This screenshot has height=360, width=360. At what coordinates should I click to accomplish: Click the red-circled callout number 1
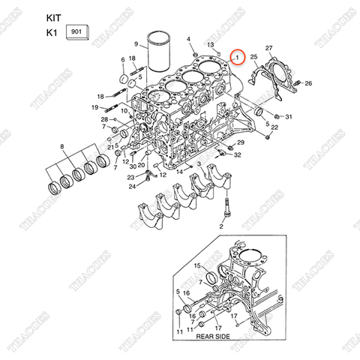point(237,57)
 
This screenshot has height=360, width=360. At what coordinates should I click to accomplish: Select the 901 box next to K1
point(76,32)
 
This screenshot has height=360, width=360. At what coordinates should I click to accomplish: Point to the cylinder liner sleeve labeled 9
point(159,52)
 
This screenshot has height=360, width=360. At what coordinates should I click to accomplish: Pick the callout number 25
point(253,58)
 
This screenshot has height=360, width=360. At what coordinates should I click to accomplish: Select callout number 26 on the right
point(308,82)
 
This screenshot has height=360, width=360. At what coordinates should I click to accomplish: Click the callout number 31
point(289,117)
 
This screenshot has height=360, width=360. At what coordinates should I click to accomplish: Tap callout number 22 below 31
point(274,128)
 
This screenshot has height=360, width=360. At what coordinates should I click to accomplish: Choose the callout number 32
point(237,155)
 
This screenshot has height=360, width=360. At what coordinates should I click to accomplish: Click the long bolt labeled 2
point(223,226)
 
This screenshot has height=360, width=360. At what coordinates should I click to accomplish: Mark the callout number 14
point(180,172)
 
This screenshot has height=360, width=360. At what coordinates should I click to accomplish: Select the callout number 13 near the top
point(211,45)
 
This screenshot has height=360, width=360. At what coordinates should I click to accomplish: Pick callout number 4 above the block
point(188,39)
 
